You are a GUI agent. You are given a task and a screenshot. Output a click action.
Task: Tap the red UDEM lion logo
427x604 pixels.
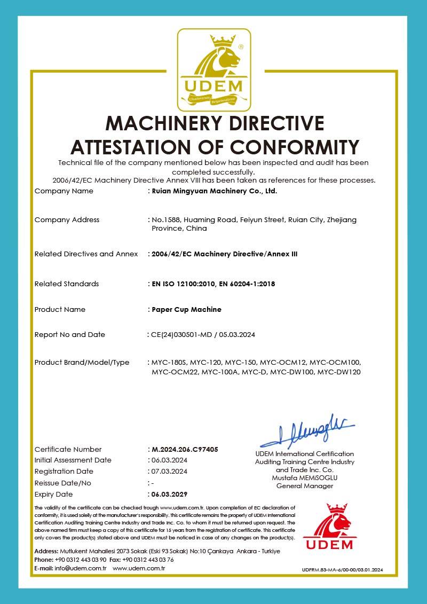tap(329, 527)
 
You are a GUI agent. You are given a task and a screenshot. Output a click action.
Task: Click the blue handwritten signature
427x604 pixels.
tap(307, 430)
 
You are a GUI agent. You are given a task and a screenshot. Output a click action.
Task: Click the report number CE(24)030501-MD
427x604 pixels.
tap(181, 335)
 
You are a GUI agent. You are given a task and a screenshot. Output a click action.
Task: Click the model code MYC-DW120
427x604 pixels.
tap(339, 372)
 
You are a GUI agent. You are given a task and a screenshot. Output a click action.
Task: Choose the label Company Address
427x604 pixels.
tap(67, 219)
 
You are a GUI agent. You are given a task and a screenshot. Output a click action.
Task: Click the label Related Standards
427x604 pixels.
tap(66, 284)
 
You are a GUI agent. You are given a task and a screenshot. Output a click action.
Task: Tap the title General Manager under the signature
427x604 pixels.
tap(305, 486)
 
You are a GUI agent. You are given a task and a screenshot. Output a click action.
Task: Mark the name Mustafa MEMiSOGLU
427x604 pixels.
tap(305, 478)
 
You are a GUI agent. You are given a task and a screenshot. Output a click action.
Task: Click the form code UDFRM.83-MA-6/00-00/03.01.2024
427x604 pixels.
tap(343, 570)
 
